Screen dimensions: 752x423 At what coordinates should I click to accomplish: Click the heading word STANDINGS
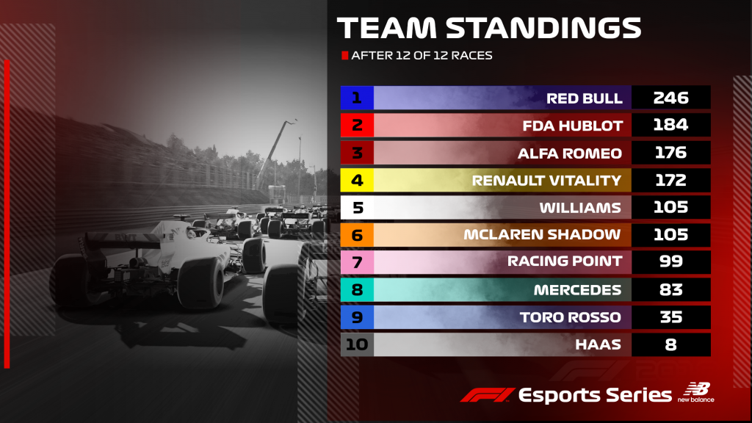tap(544, 28)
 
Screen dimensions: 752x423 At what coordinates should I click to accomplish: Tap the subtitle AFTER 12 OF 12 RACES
tap(422, 56)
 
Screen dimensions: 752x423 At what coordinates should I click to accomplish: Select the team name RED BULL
tap(584, 98)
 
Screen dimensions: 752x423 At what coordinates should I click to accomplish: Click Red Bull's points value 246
tap(670, 98)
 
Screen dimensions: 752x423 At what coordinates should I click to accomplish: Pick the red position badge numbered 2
tap(357, 125)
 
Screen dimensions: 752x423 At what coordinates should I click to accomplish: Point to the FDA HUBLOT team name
tap(572, 126)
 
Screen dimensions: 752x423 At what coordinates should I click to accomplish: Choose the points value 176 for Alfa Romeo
tap(670, 153)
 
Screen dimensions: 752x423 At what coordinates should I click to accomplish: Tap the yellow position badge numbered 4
tap(357, 181)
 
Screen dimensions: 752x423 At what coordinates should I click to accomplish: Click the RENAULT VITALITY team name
tap(546, 181)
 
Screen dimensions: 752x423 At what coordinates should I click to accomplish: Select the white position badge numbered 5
tap(357, 208)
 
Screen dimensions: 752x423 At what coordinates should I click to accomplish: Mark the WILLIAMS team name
tap(580, 208)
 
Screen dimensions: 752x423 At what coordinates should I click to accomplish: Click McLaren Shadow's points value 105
tap(670, 234)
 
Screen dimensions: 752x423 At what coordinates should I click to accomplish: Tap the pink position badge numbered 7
tap(357, 262)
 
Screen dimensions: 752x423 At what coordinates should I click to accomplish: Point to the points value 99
tap(670, 261)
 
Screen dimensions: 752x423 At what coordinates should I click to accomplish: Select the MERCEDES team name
tap(577, 290)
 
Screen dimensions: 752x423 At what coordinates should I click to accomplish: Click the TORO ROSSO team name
tap(570, 317)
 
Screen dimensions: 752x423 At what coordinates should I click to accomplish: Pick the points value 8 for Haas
tap(670, 345)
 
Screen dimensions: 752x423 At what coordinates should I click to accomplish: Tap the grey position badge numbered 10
tap(357, 345)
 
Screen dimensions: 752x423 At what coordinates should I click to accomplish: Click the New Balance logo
tap(696, 392)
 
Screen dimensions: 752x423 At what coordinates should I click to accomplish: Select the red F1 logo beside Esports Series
tap(488, 395)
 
